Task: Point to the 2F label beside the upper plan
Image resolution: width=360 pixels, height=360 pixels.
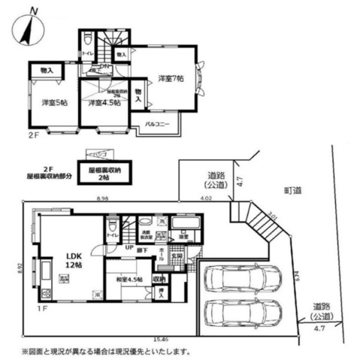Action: [x=32, y=135]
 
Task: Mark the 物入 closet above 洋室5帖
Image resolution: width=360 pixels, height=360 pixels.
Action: [x=47, y=70]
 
